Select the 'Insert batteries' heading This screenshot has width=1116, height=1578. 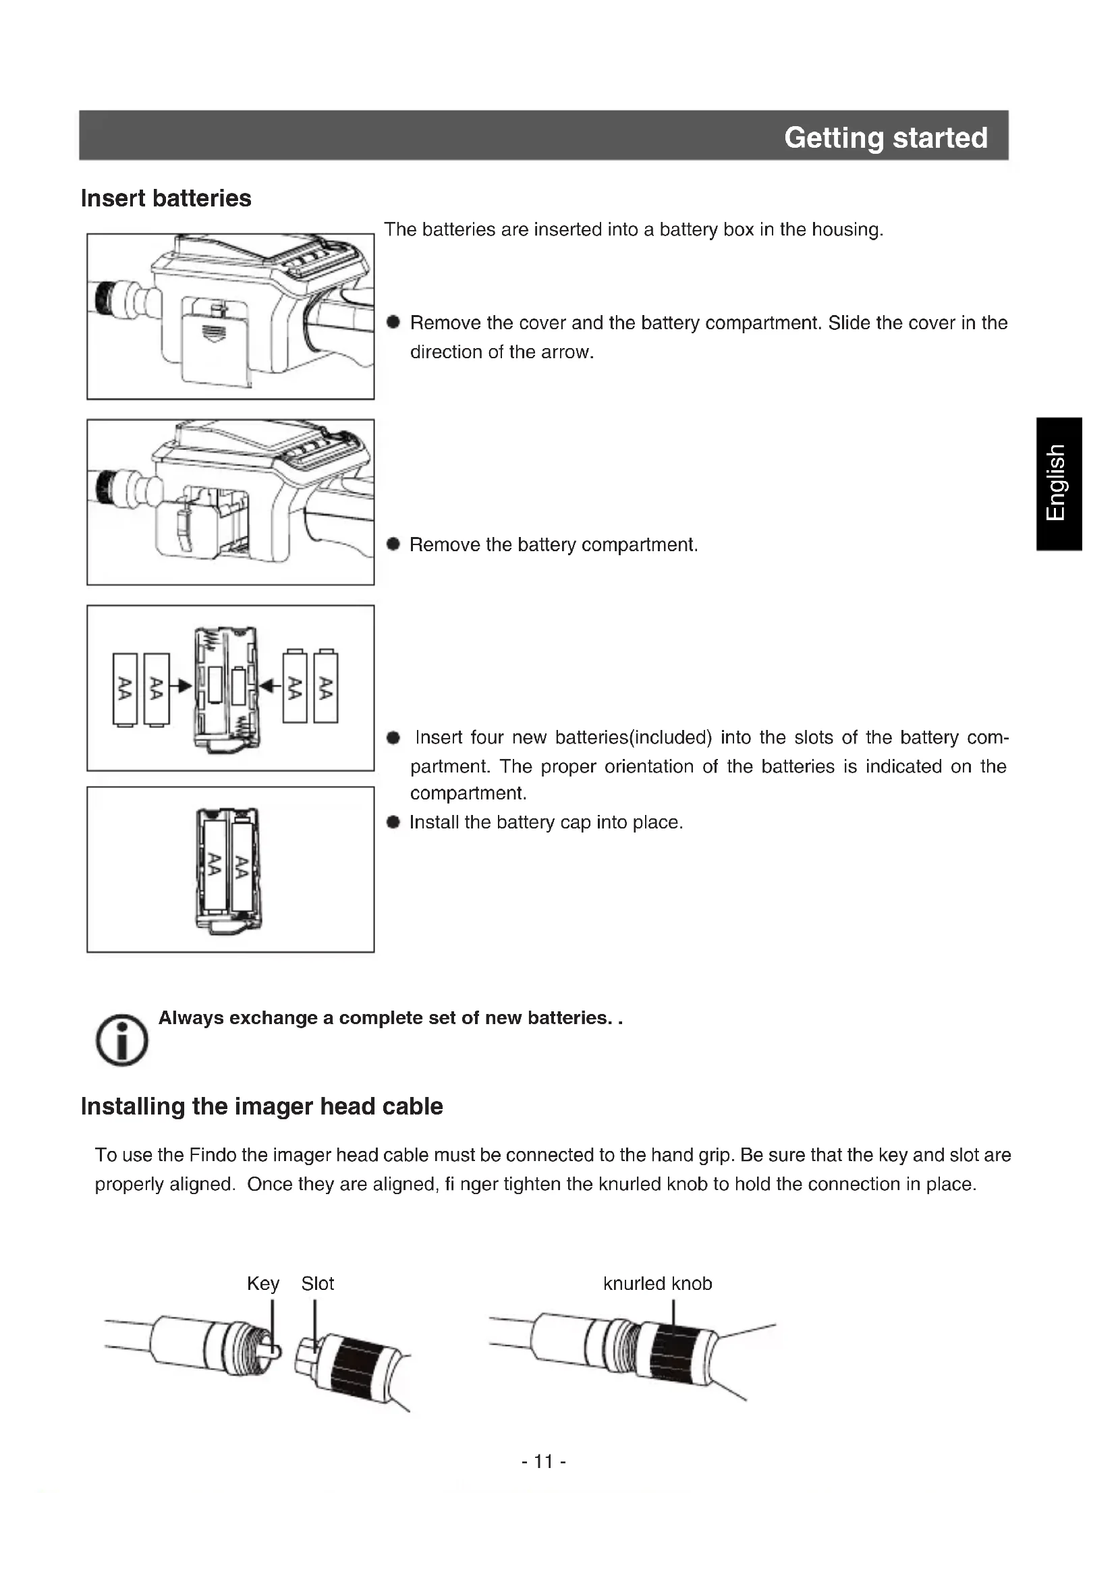click(x=165, y=198)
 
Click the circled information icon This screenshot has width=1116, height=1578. click(x=121, y=1040)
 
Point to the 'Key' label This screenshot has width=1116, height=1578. click(x=262, y=1284)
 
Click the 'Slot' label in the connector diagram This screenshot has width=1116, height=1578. click(x=318, y=1284)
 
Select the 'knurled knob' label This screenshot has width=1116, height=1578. click(x=657, y=1284)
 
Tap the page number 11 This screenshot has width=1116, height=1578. click(x=544, y=1461)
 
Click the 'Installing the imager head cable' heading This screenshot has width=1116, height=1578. click(x=262, y=1106)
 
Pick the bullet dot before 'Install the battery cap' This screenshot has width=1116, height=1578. click(x=393, y=822)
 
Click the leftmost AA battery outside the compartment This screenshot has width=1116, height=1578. click(x=125, y=689)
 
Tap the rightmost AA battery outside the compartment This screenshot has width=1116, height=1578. click(x=326, y=687)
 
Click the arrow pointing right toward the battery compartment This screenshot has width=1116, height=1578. click(x=184, y=686)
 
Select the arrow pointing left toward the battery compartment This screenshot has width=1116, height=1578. click(x=270, y=685)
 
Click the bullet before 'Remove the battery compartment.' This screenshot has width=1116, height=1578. click(x=393, y=544)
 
